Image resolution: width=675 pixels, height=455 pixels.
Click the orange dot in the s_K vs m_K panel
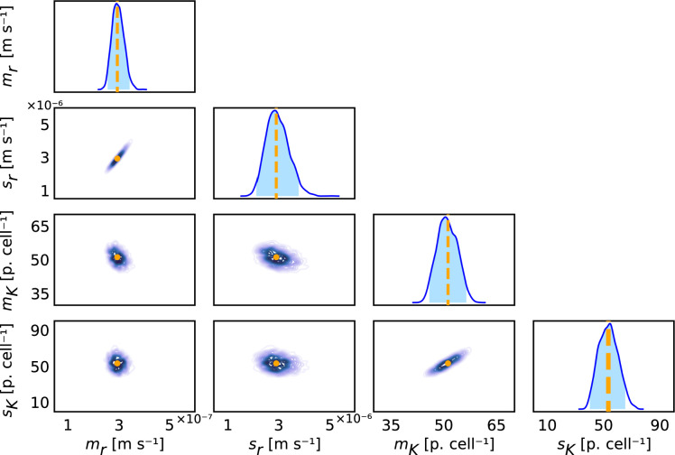pos(447,363)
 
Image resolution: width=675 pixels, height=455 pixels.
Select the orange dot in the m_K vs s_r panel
pos(277,257)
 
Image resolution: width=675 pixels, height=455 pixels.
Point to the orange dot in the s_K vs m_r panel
pos(117,362)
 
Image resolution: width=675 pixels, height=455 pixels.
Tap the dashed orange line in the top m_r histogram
pos(117,54)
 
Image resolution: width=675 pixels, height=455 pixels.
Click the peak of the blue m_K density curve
pos(445,218)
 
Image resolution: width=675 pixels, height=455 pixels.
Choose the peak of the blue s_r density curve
pos(275,111)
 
